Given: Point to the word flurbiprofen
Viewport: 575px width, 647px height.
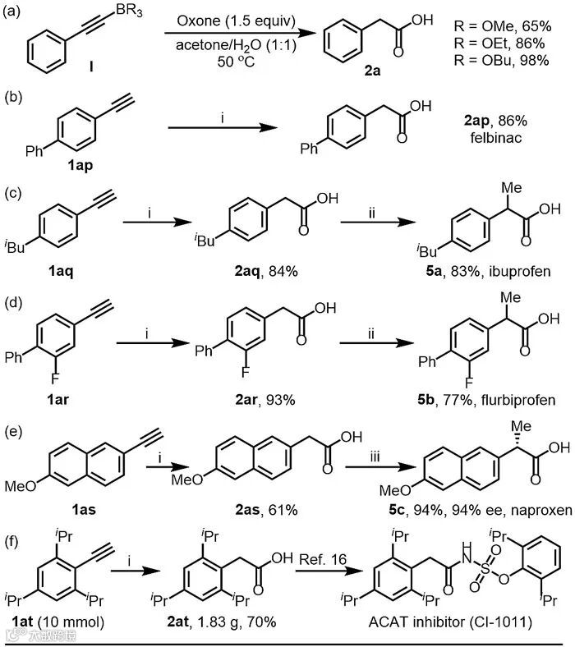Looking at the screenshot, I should [509, 401].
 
